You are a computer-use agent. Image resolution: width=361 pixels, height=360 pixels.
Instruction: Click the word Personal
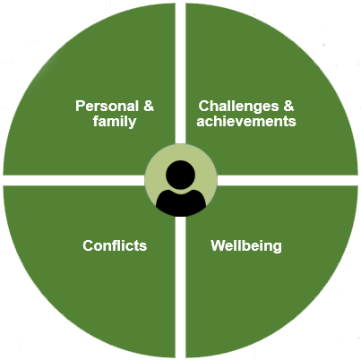click(x=107, y=106)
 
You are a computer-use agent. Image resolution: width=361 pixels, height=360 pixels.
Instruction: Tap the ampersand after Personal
click(x=149, y=106)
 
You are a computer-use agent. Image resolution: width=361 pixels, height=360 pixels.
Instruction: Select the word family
click(x=115, y=122)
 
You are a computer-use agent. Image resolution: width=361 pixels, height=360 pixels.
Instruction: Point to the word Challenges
click(x=238, y=107)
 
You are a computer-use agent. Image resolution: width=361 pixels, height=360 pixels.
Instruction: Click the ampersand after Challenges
click(x=288, y=106)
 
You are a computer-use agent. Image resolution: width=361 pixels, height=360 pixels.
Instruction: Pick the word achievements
click(x=246, y=121)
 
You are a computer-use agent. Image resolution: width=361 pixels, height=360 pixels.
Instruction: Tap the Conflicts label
click(x=115, y=245)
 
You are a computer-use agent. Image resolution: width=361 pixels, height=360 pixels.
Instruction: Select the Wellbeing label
click(x=246, y=246)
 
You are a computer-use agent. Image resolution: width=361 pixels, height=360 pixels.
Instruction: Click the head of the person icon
click(x=180, y=175)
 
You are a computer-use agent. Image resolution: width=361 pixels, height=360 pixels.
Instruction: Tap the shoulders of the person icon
click(x=181, y=202)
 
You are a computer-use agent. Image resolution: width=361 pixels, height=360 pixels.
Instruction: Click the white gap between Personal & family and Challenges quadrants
click(x=180, y=73)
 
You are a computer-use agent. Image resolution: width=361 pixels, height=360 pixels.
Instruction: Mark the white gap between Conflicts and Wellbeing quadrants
click(x=180, y=287)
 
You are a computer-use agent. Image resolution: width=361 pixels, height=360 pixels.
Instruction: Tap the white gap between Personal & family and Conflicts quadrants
click(x=73, y=180)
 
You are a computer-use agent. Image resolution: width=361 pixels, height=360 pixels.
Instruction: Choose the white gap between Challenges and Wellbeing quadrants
click(x=288, y=180)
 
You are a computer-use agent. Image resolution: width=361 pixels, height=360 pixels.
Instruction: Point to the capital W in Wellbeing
click(x=218, y=245)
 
